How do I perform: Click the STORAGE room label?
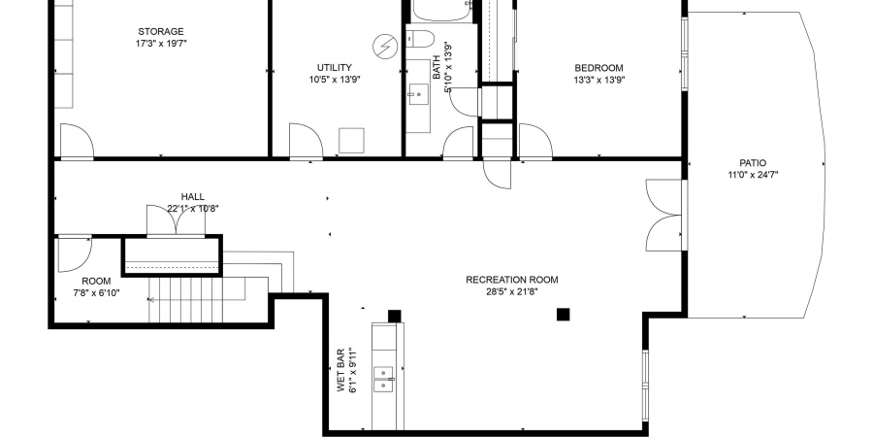(x=160, y=32)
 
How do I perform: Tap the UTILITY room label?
(x=334, y=67)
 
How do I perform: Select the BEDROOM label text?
(x=598, y=67)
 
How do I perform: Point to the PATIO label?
(x=754, y=162)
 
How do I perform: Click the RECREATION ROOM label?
(x=512, y=280)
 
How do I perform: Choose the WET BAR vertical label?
(x=341, y=370)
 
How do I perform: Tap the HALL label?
(x=192, y=196)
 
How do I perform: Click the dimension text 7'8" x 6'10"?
(x=95, y=293)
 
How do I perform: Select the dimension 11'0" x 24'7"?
(x=754, y=175)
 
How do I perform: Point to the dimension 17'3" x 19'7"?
(x=160, y=44)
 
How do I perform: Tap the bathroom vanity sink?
(x=419, y=93)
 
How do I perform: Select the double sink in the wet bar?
(x=384, y=378)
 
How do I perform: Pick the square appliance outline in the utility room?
(x=350, y=141)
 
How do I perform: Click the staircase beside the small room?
(x=194, y=298)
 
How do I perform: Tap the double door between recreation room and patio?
(x=665, y=216)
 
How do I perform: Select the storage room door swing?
(x=76, y=141)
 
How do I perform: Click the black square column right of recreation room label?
(x=563, y=314)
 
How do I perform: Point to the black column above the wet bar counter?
(x=394, y=315)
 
